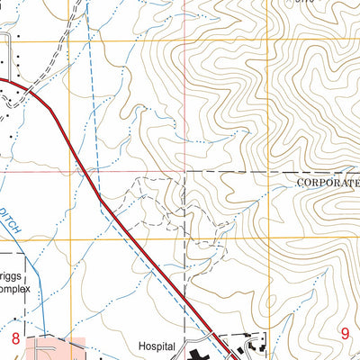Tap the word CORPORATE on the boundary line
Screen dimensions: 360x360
click(327, 181)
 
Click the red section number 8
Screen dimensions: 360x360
click(15, 338)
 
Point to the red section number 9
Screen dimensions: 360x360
click(345, 333)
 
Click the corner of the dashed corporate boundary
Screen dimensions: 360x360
click(185, 171)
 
